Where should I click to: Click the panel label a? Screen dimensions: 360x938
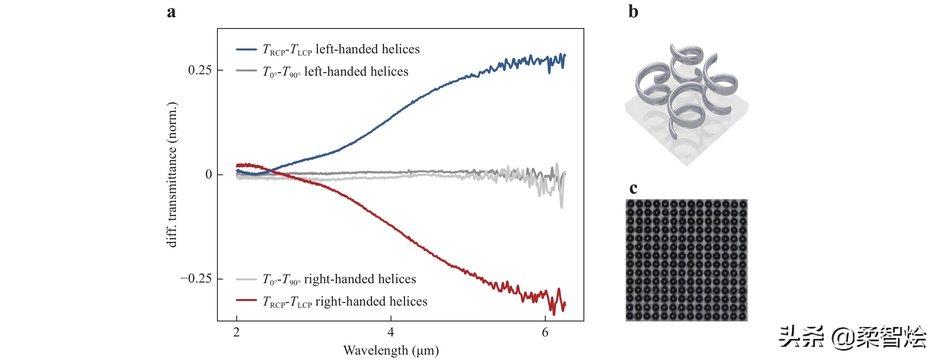171,12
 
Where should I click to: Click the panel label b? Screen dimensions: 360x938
633,12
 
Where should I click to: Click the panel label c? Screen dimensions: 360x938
633,188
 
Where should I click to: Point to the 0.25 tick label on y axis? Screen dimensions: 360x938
200,70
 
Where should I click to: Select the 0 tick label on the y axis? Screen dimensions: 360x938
209,174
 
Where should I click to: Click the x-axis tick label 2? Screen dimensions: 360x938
237,332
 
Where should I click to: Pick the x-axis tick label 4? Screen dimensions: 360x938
391,332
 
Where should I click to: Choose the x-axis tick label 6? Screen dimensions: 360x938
545,332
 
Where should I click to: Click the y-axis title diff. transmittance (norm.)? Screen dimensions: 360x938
172,175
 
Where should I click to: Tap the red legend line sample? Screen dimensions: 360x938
246,300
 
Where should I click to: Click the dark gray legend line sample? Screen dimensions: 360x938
246,70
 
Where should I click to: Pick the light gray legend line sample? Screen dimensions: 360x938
246,279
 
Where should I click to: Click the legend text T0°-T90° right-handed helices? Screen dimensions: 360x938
339,279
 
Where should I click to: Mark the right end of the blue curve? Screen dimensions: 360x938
565,55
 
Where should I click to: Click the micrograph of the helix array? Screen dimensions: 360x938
686,260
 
